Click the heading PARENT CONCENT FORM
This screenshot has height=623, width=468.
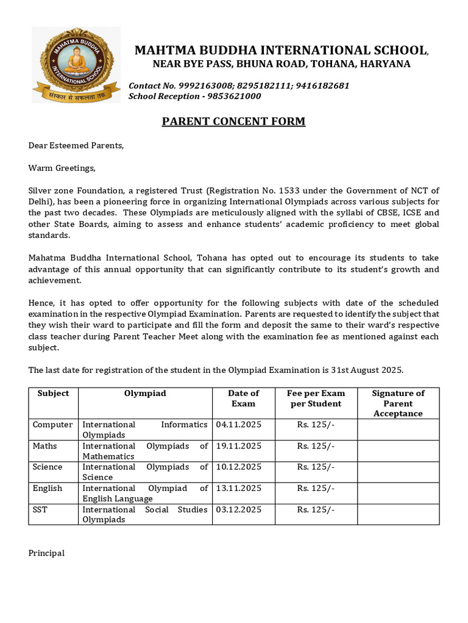coord(233,122)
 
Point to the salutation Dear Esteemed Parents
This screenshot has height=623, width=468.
coord(76,145)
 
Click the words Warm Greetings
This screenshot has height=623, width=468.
coord(62,168)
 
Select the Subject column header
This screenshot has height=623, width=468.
coord(54,394)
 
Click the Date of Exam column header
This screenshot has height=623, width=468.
coord(243,399)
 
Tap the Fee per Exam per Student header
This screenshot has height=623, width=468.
coord(316,399)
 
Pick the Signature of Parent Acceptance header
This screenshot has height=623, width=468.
coord(398,403)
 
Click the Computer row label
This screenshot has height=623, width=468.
coord(52,425)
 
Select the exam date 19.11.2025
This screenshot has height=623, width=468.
coord(239,446)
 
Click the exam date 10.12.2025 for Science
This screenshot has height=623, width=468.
coord(239,467)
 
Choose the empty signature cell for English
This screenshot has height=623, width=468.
coord(398,493)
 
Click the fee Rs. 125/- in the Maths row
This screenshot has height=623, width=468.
coord(316,446)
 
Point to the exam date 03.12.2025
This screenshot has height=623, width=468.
coord(239,510)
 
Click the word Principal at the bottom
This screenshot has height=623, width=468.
coord(46,553)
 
